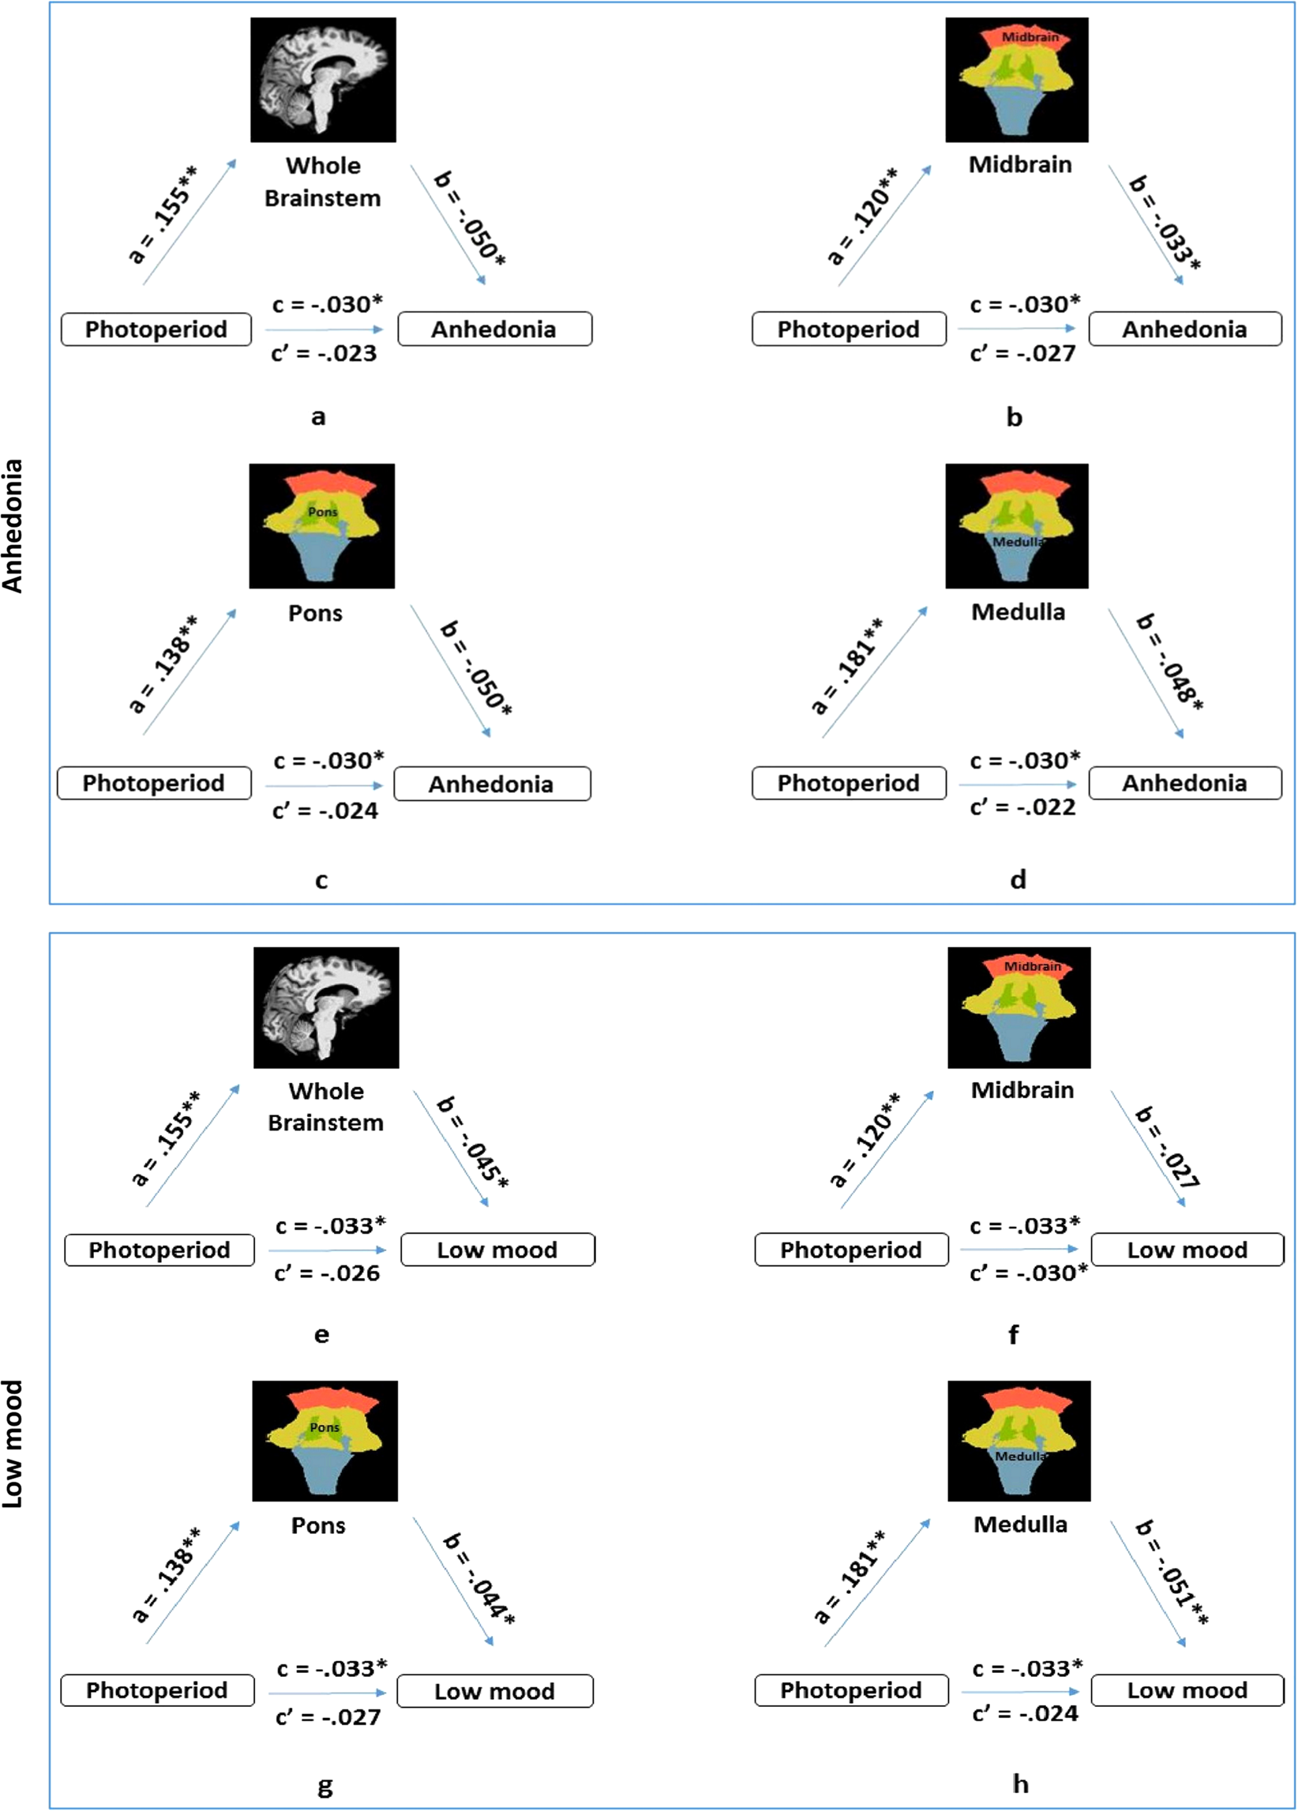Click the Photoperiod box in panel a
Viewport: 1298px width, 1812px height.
pos(156,329)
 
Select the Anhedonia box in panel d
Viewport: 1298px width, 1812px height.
pos(1184,783)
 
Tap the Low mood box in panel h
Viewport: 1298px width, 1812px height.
pos(1187,1690)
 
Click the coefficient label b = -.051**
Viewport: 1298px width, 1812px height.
pos(1172,1573)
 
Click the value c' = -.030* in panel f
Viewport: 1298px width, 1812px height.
pos(1028,1273)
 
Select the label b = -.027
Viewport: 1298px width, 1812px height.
pos(1167,1147)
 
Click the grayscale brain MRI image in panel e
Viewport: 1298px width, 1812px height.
pos(326,1007)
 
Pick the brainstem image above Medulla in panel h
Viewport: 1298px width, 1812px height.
pos(1019,1441)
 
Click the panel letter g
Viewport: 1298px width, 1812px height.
pos(324,1786)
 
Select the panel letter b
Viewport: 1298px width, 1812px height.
pos(1014,416)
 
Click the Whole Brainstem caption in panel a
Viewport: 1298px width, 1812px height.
pos(323,182)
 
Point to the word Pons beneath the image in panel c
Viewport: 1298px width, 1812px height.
pos(316,614)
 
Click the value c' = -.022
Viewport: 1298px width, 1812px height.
pos(1022,808)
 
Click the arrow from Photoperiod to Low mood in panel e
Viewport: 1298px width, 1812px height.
pos(327,1250)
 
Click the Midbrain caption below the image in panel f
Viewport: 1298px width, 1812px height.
pos(1022,1090)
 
